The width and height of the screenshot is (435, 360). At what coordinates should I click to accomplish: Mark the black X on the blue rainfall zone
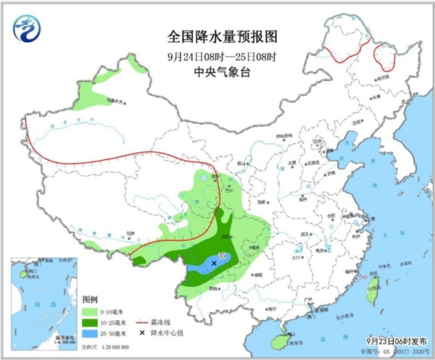point(214,265)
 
